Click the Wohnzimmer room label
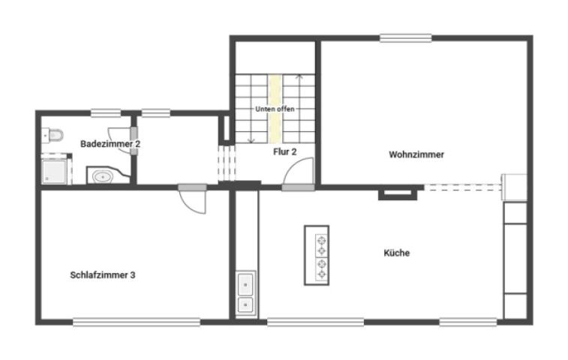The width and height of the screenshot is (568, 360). tap(416, 155)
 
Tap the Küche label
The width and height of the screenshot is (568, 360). tap(396, 253)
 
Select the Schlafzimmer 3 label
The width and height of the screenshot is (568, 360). tap(103, 275)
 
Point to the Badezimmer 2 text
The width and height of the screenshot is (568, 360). tap(110, 143)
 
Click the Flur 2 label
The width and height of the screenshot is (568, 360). tap(284, 151)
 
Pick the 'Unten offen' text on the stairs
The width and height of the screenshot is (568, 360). tap(275, 109)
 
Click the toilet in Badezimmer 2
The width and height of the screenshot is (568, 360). tap(53, 136)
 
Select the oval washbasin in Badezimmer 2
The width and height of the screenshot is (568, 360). tap(101, 177)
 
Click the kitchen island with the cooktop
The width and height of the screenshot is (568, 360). tap(317, 255)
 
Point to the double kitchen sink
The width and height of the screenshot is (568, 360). tap(245, 294)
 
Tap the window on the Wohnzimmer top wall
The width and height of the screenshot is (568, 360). tap(405, 38)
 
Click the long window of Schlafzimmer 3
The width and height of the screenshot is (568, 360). tap(137, 323)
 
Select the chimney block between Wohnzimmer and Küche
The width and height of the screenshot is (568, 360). tap(397, 193)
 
